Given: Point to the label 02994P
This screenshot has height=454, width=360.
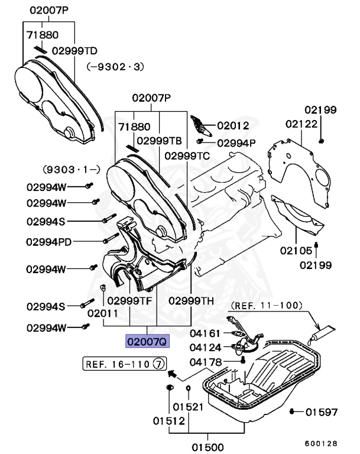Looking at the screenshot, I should (236, 142).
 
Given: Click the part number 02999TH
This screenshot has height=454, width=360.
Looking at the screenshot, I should (191, 300).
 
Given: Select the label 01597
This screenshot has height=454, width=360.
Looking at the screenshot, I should (322, 411).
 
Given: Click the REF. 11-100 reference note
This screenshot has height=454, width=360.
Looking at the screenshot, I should (266, 306).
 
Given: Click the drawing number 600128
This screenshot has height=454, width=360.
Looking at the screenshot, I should (321, 443).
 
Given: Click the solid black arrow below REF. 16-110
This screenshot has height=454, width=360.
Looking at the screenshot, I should (171, 374).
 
